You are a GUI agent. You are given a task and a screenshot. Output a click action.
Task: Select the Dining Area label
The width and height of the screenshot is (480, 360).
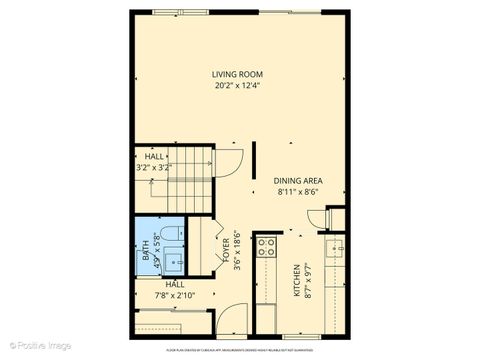pyautogui.click(x=298, y=180)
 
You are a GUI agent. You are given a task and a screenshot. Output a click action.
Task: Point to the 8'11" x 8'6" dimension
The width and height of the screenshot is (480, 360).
pyautogui.click(x=298, y=191)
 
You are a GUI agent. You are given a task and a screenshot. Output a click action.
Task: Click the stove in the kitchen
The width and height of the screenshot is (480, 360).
pyautogui.click(x=266, y=248)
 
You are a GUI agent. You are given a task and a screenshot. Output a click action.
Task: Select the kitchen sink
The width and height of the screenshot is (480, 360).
pyautogui.click(x=335, y=247)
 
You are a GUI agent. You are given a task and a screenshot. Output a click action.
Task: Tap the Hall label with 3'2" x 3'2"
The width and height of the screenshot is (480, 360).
pyautogui.click(x=154, y=157)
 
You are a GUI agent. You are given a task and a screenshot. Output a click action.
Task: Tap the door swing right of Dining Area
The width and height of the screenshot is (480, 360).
pyautogui.click(x=317, y=218)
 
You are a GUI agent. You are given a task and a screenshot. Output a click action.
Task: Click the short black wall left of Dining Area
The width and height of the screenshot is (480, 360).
pyautogui.click(x=253, y=160)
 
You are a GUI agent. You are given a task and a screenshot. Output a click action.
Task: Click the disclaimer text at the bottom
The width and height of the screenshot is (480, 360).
pyautogui.click(x=240, y=351)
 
